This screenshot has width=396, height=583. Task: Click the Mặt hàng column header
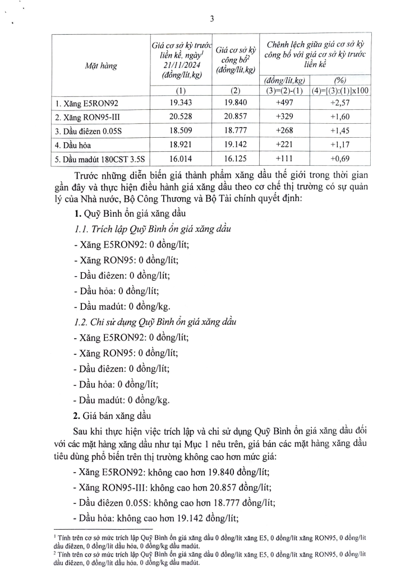(x=101, y=66)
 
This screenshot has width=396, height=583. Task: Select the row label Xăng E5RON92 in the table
(x=82, y=104)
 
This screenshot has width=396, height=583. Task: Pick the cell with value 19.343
(x=181, y=104)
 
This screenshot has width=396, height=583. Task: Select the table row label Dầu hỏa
(x=72, y=144)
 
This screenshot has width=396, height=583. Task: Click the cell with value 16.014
(x=181, y=157)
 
